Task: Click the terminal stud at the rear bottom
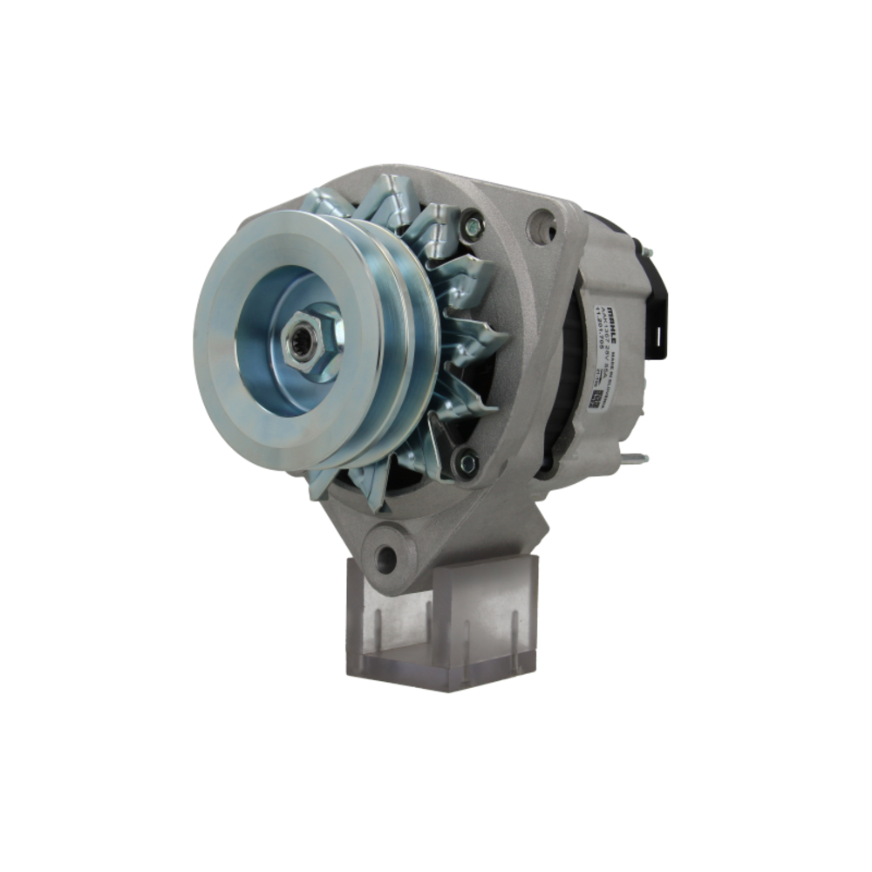[x=637, y=458]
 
